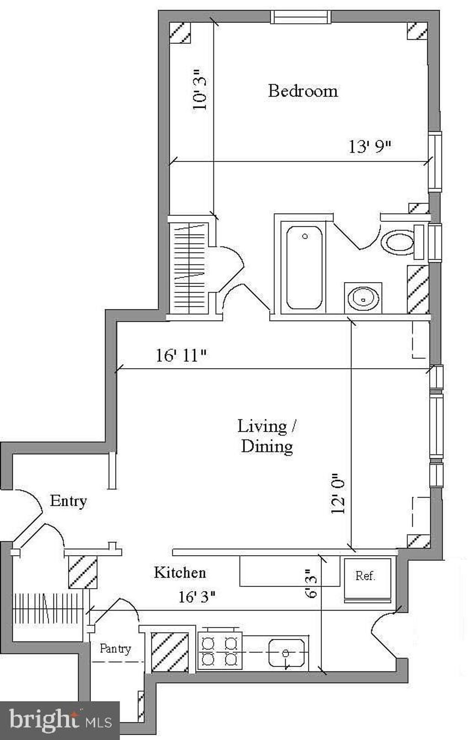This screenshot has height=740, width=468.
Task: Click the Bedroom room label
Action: [303, 91]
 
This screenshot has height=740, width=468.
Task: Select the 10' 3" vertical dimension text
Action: [200, 90]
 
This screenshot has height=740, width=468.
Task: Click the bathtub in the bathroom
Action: [304, 267]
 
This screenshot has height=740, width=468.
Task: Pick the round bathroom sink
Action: [363, 298]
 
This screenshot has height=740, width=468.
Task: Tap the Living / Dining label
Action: [267, 435]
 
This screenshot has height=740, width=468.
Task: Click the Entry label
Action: [68, 501]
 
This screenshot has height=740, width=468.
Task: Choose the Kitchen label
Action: [180, 573]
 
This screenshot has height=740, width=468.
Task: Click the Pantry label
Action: [115, 648]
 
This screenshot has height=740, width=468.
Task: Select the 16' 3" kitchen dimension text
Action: [197, 597]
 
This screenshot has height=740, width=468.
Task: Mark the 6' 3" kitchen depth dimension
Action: [311, 583]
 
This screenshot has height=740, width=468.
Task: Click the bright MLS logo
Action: [60, 720]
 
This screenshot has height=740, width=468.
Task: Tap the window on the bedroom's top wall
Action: [300, 17]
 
